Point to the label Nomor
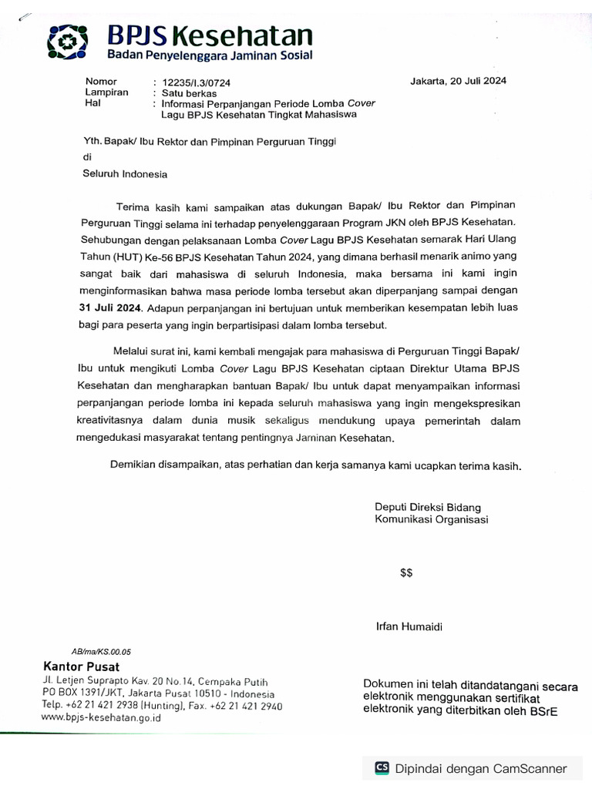click(x=101, y=82)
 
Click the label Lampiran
click(x=106, y=92)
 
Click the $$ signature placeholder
click(x=406, y=572)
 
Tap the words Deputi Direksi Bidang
click(x=428, y=507)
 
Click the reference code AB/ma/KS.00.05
click(x=100, y=651)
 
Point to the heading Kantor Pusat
click(x=81, y=666)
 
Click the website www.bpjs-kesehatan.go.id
click(x=101, y=717)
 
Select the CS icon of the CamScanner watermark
click(x=382, y=767)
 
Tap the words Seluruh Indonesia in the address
click(x=125, y=174)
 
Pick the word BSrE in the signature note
click(x=543, y=710)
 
